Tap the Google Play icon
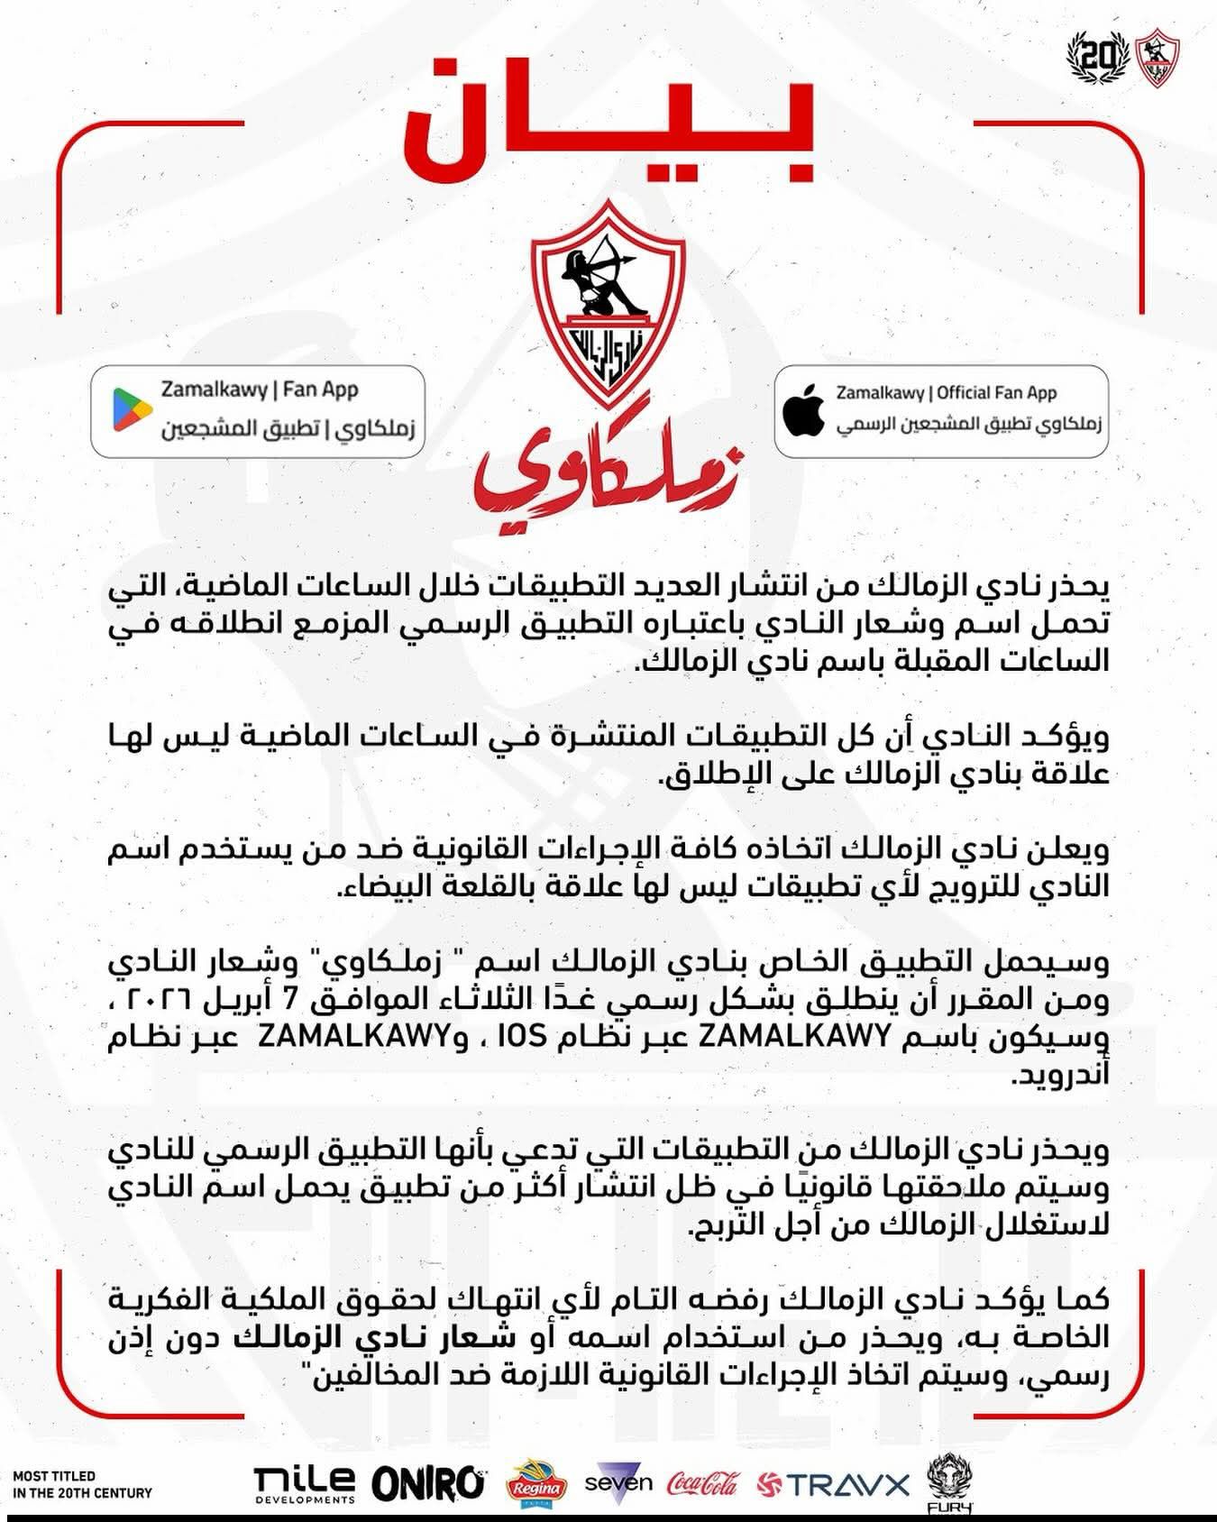pos(133,410)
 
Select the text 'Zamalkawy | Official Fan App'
pos(946,393)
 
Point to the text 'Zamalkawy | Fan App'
pos(260,390)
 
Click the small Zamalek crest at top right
pos(1158,59)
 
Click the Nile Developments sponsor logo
pos(304,1484)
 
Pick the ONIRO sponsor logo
pos(428,1484)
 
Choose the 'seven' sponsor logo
pos(618,1481)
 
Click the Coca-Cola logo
pos(702,1483)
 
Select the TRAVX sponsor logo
pos(834,1484)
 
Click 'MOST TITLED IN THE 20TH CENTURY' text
pos(82,1484)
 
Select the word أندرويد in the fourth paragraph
pos(1063,1076)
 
